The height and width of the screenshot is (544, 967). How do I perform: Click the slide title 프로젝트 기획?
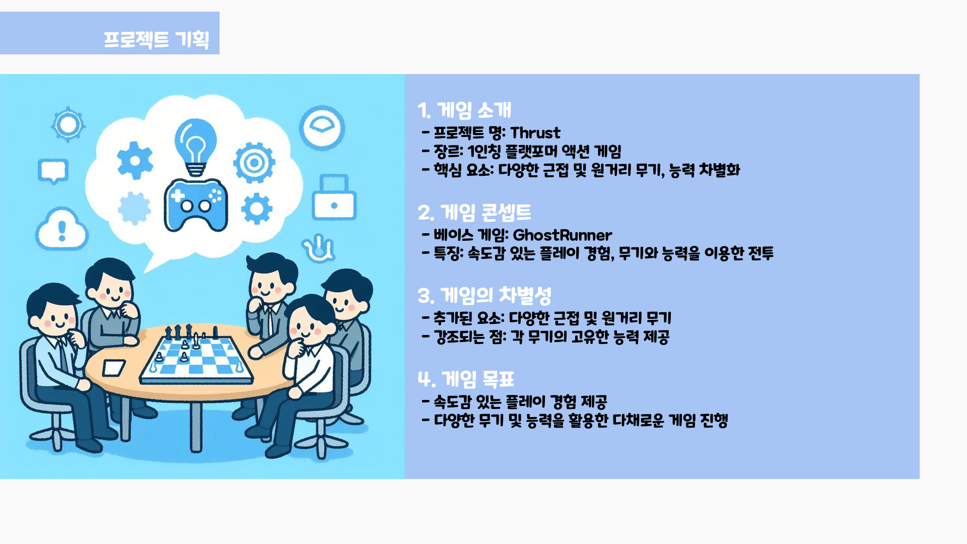pyautogui.click(x=156, y=39)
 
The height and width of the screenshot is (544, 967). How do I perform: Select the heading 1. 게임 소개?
pyautogui.click(x=464, y=110)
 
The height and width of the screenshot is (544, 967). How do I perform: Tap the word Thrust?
pyautogui.click(x=535, y=132)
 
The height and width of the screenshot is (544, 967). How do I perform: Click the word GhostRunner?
pyautogui.click(x=562, y=235)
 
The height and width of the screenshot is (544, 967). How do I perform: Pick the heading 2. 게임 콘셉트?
pyautogui.click(x=474, y=212)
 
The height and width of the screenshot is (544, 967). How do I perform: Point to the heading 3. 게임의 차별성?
pyautogui.click(x=485, y=296)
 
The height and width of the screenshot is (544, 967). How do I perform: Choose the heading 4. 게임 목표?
pyautogui.click(x=466, y=379)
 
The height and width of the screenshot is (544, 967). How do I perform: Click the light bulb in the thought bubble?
pyautogui.click(x=195, y=147)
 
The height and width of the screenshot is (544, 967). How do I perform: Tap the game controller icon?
pyautogui.click(x=196, y=205)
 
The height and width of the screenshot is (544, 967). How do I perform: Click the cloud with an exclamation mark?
pyautogui.click(x=62, y=229)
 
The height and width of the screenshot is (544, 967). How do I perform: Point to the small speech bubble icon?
pyautogui.click(x=53, y=171)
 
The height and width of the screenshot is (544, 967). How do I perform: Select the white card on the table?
pyautogui.click(x=114, y=368)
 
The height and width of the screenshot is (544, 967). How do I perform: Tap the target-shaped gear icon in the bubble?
pyautogui.click(x=254, y=162)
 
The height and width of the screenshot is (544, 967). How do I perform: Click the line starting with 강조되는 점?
pyautogui.click(x=546, y=336)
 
